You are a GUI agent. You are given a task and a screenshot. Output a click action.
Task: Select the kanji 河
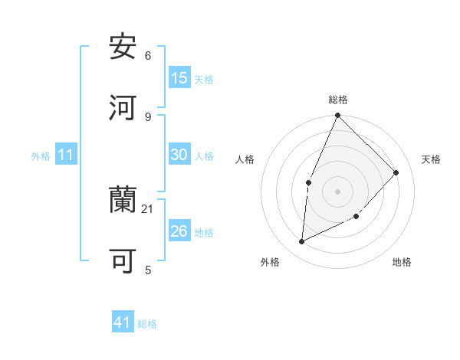point(123,107)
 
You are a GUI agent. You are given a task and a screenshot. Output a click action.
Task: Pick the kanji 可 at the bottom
point(123,261)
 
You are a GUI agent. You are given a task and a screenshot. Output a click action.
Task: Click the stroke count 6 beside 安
point(148,56)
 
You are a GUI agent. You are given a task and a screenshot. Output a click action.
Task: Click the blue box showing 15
point(179,78)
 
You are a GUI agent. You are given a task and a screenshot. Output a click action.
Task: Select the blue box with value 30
point(179,155)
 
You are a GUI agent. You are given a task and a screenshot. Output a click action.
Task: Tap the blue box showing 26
point(179,231)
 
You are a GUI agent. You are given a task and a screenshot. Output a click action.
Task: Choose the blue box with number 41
point(123,323)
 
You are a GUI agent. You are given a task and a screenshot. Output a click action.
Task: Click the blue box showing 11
point(66,155)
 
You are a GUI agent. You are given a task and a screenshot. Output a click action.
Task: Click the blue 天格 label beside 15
point(204,79)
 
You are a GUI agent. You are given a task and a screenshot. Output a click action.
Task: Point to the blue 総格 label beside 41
point(147,324)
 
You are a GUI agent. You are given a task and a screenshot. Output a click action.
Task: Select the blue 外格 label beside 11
point(41,156)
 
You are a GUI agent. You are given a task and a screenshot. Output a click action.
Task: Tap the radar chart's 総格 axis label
point(338,100)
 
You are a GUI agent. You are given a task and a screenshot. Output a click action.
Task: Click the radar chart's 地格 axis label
point(402,262)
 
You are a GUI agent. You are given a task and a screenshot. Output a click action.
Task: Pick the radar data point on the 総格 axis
point(337,116)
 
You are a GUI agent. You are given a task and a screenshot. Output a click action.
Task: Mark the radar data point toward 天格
point(396,172)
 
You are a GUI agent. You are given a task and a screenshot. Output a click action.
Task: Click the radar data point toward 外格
point(302,242)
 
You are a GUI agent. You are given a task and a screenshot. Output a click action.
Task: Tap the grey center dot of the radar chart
point(337,191)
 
